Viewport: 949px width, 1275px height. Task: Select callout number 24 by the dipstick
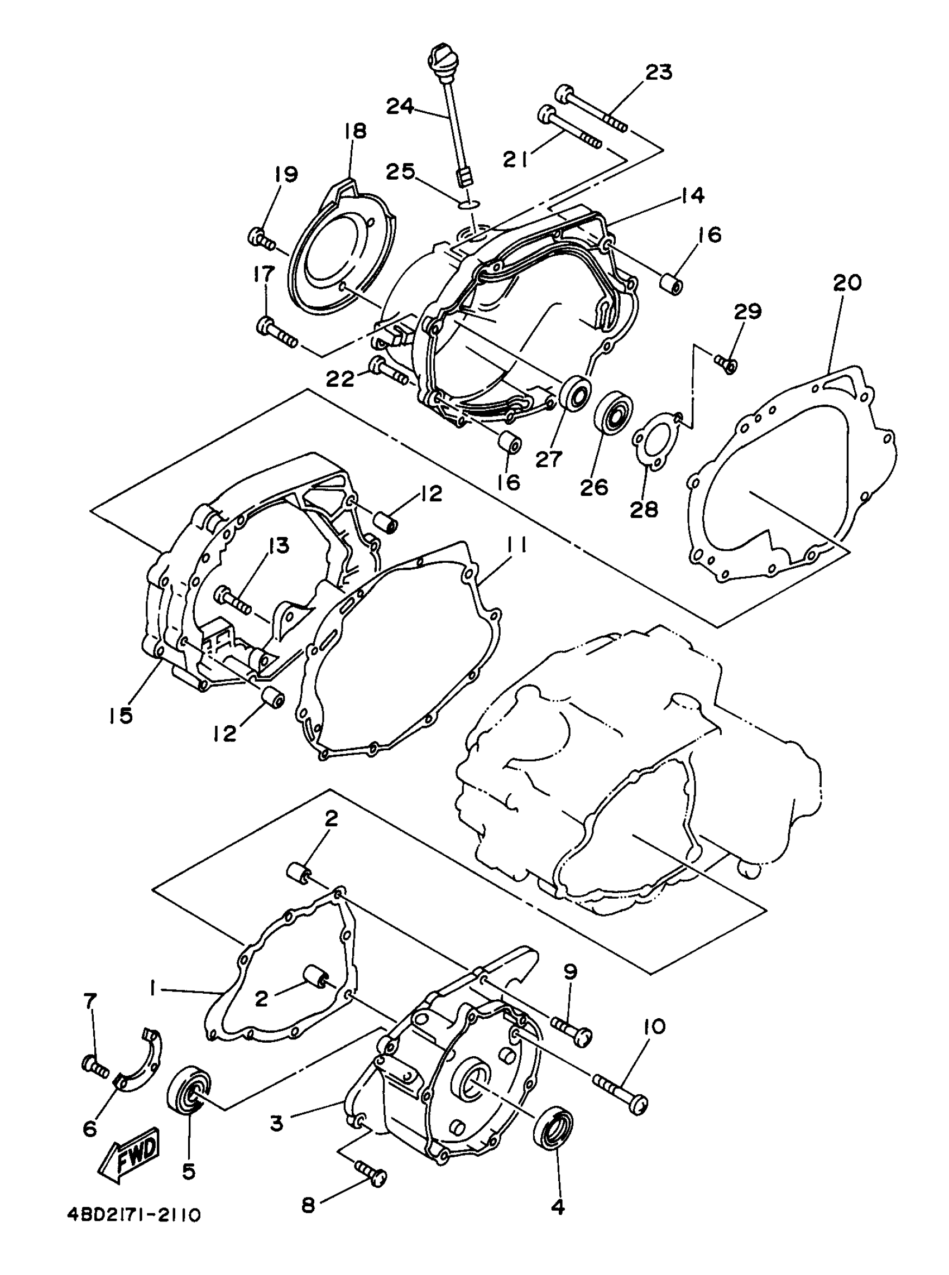[x=399, y=106]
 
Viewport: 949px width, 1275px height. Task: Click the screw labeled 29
[x=727, y=363]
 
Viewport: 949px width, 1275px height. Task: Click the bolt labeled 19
[x=261, y=237]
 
